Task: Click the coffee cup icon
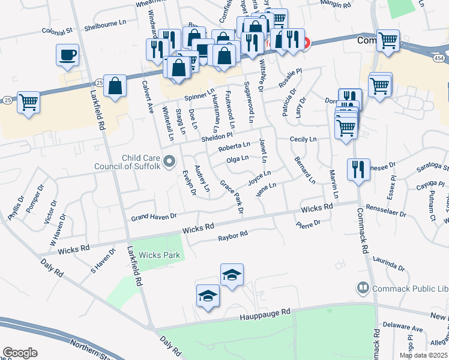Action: (68, 55)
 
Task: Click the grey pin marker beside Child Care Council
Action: (170, 161)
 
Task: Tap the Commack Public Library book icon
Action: (363, 289)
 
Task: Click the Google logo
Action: (20, 353)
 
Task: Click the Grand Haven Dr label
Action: (154, 216)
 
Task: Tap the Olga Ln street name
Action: (237, 159)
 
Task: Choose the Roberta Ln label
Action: (234, 146)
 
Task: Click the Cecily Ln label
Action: (303, 139)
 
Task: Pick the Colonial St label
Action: (57, 31)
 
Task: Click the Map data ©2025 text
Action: (423, 355)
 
